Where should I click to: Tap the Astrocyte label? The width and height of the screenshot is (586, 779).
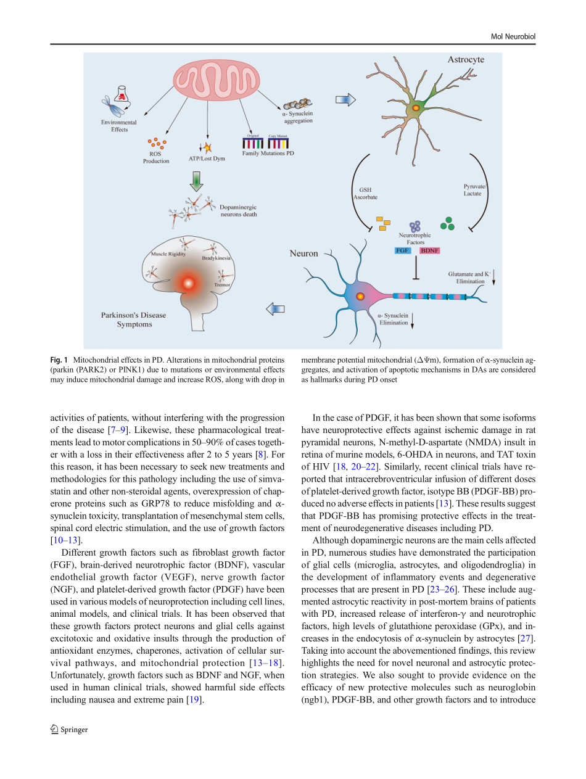[465, 60]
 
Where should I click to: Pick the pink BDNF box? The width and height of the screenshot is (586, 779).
[429, 251]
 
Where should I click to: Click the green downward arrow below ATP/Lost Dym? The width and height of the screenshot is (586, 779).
[196, 181]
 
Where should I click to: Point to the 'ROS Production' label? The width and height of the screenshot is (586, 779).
[156, 157]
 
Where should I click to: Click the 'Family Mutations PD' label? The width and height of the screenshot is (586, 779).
[268, 153]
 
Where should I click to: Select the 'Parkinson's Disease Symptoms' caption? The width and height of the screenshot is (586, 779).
[134, 319]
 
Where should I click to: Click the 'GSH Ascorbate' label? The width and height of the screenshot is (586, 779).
[365, 194]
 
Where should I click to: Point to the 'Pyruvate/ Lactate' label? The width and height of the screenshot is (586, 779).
[475, 189]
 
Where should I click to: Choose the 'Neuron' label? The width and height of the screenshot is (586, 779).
[304, 253]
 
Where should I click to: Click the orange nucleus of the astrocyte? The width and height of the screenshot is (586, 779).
[416, 108]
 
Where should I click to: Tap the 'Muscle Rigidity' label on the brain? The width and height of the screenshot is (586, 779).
[168, 254]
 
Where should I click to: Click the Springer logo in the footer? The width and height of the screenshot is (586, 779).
[69, 730]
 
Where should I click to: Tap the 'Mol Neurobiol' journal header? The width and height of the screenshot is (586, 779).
[513, 37]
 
